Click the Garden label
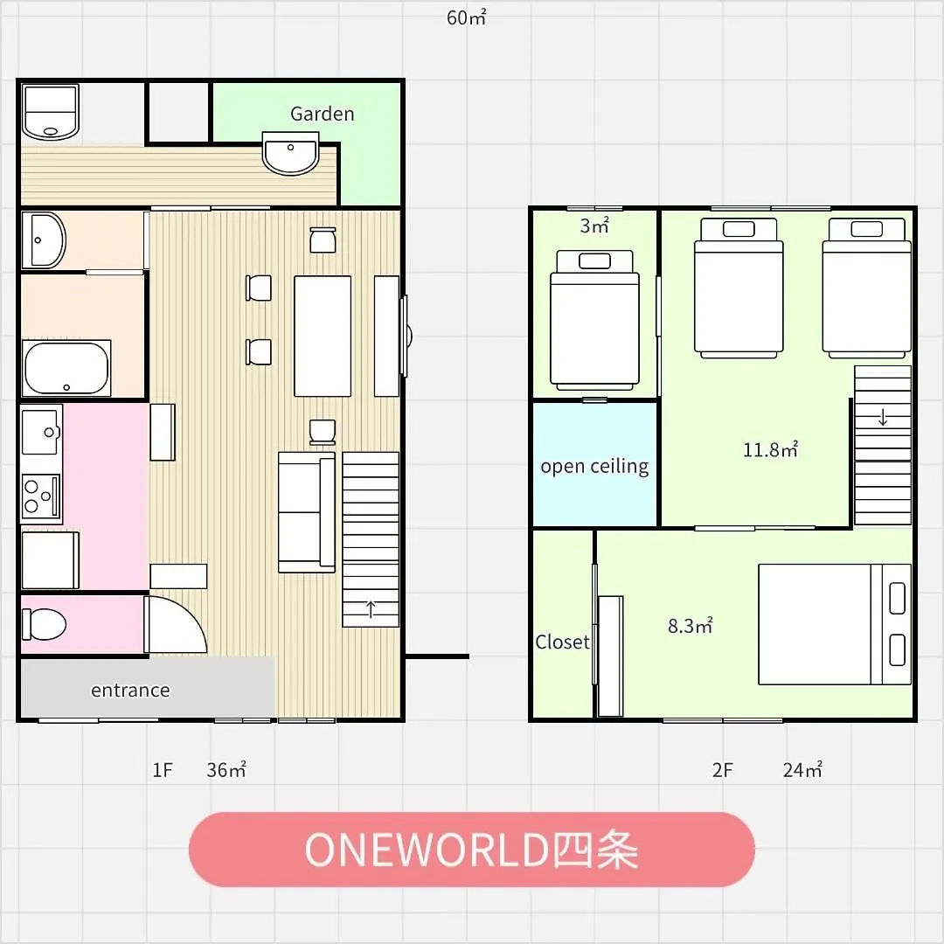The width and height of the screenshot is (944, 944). [322, 114]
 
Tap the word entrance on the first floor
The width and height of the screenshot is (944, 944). [130, 690]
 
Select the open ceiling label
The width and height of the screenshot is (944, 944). [594, 467]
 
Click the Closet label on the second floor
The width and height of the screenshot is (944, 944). [562, 642]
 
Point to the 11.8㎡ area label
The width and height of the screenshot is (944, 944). [771, 449]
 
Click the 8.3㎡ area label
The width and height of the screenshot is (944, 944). [691, 626]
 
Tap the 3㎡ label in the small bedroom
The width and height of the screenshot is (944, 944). [594, 226]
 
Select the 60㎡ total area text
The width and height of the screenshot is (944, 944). [467, 18]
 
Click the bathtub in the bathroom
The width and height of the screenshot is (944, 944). [66, 368]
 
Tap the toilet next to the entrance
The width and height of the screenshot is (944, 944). [44, 624]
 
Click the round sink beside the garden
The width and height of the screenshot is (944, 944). [291, 154]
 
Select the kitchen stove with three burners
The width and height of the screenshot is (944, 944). [41, 496]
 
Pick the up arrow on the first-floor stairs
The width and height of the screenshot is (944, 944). [371, 609]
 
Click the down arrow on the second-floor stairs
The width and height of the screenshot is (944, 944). [883, 417]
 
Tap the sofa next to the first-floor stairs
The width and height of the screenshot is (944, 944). [307, 512]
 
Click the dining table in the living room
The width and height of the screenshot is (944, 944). [323, 336]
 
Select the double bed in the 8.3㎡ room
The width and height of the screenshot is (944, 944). [835, 624]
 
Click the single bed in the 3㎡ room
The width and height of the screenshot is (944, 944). [594, 320]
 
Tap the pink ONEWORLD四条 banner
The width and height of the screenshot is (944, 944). [472, 850]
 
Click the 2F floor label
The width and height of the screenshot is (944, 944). [723, 770]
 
